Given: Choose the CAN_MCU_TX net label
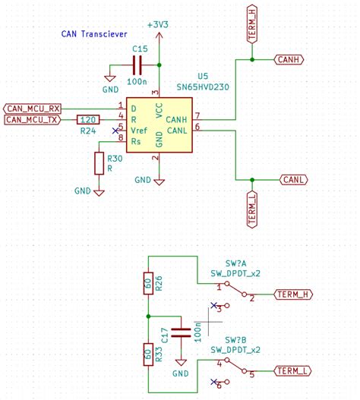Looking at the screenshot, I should coord(33,119).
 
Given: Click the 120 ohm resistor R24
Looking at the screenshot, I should coord(88,119).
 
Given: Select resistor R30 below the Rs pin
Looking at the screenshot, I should coord(99,163).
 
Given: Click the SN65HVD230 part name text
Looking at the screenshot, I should coord(202,87).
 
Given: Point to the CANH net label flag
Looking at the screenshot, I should coord(289,58).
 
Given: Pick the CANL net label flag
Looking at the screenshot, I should coord(292,179).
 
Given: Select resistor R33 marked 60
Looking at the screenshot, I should coord(148,353).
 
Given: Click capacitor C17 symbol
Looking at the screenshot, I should coord(181,331).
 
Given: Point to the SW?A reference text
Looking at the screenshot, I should coord(235,263).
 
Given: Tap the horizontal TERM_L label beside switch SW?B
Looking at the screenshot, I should coord(292,371).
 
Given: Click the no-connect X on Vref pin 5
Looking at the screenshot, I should coord(115,131).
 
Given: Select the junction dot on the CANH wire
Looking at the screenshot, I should coord(252,58).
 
